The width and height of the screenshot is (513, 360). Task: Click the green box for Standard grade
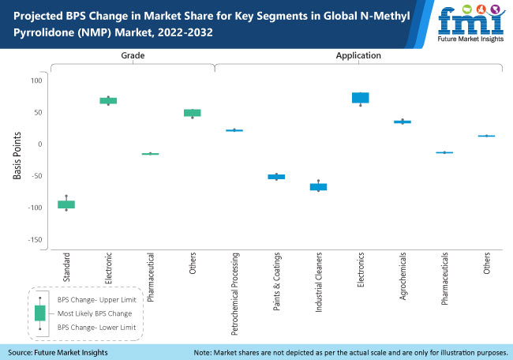pyautogui.click(x=66, y=204)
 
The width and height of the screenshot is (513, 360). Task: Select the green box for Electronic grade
pyautogui.click(x=108, y=101)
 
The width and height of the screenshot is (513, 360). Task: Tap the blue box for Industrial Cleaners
pyautogui.click(x=318, y=187)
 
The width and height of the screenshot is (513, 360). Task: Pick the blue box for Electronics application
pyautogui.click(x=361, y=98)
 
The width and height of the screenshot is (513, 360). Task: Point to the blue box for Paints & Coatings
pyautogui.click(x=276, y=177)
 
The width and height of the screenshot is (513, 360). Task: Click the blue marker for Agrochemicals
pyautogui.click(x=403, y=122)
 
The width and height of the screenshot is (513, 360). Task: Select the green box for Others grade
pyautogui.click(x=193, y=113)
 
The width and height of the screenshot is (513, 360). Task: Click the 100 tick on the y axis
pyautogui.click(x=36, y=81)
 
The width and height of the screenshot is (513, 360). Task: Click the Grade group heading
pyautogui.click(x=132, y=56)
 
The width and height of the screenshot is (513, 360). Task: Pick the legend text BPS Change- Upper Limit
pyautogui.click(x=96, y=301)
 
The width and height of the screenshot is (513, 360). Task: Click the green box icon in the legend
pyautogui.click(x=40, y=313)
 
